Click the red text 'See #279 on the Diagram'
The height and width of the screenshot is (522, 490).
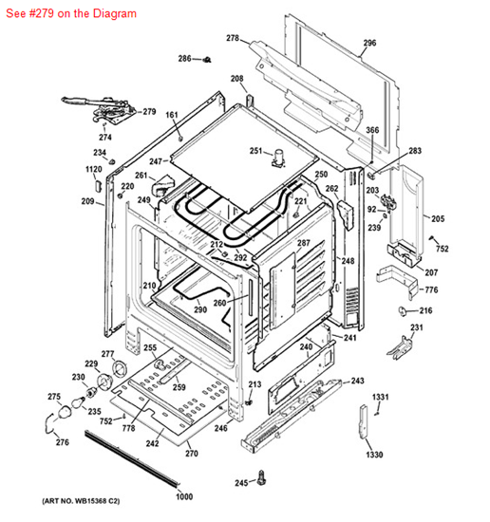pyautogui.click(x=70, y=14)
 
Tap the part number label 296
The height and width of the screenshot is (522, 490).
pyautogui.click(x=369, y=43)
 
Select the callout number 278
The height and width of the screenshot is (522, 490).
pyautogui.click(x=232, y=38)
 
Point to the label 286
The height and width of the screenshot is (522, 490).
pyautogui.click(x=184, y=59)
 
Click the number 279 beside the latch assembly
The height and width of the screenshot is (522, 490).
pyautogui.click(x=149, y=112)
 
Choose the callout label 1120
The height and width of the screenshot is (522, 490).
pyautogui.click(x=93, y=169)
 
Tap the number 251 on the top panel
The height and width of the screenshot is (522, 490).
pyautogui.click(x=256, y=150)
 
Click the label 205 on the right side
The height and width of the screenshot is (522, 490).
pyautogui.click(x=437, y=218)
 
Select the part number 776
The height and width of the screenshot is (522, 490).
pyautogui.click(x=430, y=289)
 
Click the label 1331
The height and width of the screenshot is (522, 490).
pyautogui.click(x=380, y=396)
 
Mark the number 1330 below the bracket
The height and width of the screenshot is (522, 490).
pyautogui.click(x=374, y=455)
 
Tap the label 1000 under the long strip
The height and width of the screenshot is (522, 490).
pyautogui.click(x=183, y=497)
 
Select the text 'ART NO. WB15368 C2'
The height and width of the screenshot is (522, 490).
pyautogui.click(x=81, y=500)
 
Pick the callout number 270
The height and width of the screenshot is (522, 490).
pyautogui.click(x=191, y=454)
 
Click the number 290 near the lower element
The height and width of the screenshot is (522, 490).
pyautogui.click(x=200, y=309)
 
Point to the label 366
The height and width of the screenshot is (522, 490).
pyautogui.click(x=372, y=130)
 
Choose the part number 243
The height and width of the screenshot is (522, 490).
pyautogui.click(x=357, y=381)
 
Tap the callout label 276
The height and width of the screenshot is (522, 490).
pyautogui.click(x=62, y=442)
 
